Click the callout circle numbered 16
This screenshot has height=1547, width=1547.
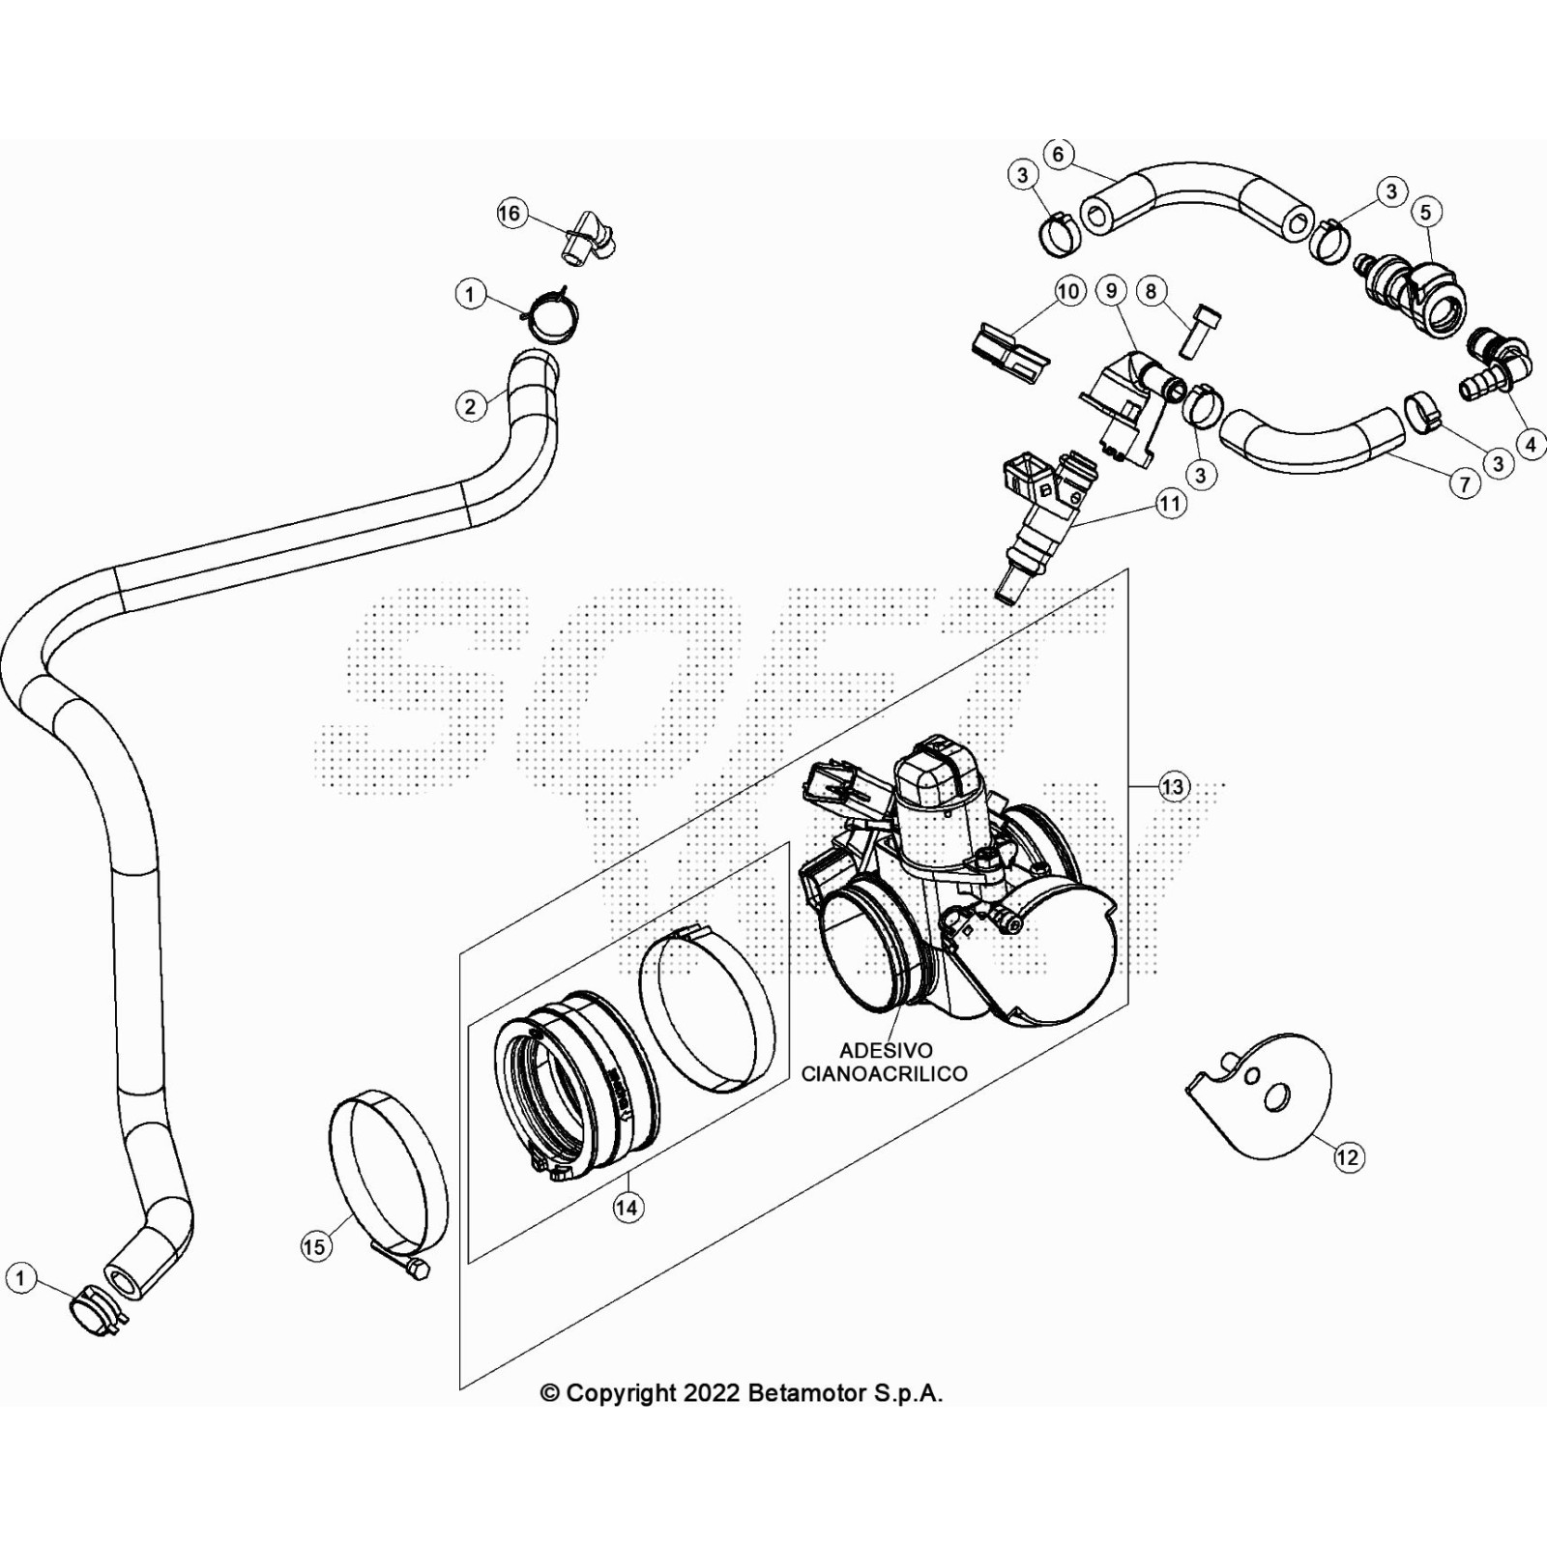pyautogui.click(x=510, y=214)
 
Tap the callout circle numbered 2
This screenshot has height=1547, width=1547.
pyautogui.click(x=470, y=406)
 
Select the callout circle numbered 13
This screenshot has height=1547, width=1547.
pyautogui.click(x=1172, y=787)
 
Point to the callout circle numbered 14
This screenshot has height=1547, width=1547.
pyautogui.click(x=628, y=1208)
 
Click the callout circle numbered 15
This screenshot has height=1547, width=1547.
pyautogui.click(x=314, y=1247)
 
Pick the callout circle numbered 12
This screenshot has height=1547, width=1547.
pyautogui.click(x=1348, y=1157)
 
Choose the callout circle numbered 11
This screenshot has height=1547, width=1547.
pyautogui.click(x=1171, y=504)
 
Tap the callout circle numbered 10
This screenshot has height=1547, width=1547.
pyautogui.click(x=1068, y=291)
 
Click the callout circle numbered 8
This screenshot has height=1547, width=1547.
pyautogui.click(x=1151, y=291)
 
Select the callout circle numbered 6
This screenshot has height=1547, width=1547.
pyautogui.click(x=1058, y=155)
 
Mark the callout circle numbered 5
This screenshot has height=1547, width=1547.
pyautogui.click(x=1425, y=212)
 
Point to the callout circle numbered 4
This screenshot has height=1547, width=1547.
pyautogui.click(x=1531, y=445)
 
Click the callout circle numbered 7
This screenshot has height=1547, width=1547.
pyautogui.click(x=1465, y=483)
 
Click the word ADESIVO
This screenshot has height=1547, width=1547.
pyautogui.click(x=886, y=1050)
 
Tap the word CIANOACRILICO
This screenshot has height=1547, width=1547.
pyautogui.click(x=884, y=1074)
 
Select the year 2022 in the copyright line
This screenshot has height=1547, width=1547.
pyautogui.click(x=712, y=1393)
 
